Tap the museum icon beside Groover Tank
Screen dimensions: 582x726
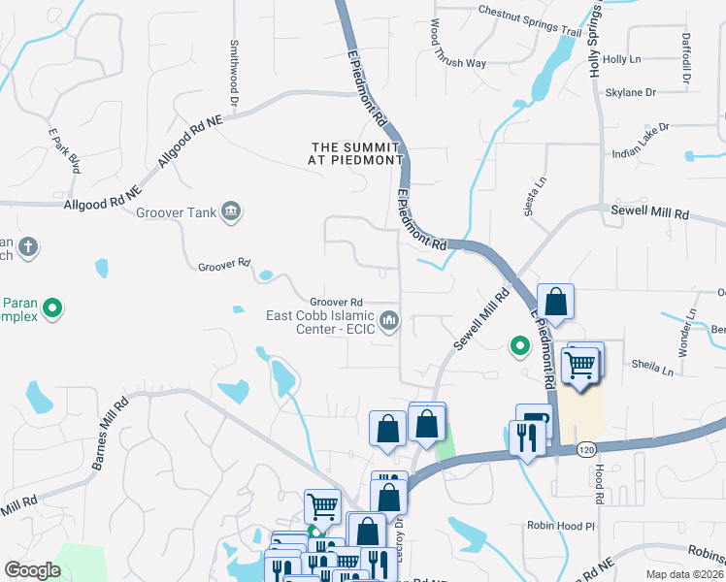coord(231,211)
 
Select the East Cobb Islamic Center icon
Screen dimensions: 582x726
coord(389,319)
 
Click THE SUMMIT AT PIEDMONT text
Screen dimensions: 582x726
coord(356,152)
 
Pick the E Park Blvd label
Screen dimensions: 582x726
coord(64,151)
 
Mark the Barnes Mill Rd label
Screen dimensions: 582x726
coord(110,434)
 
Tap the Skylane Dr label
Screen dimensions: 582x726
coord(631,92)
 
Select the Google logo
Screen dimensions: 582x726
coord(32,570)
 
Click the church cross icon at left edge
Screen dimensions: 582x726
coord(28,247)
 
